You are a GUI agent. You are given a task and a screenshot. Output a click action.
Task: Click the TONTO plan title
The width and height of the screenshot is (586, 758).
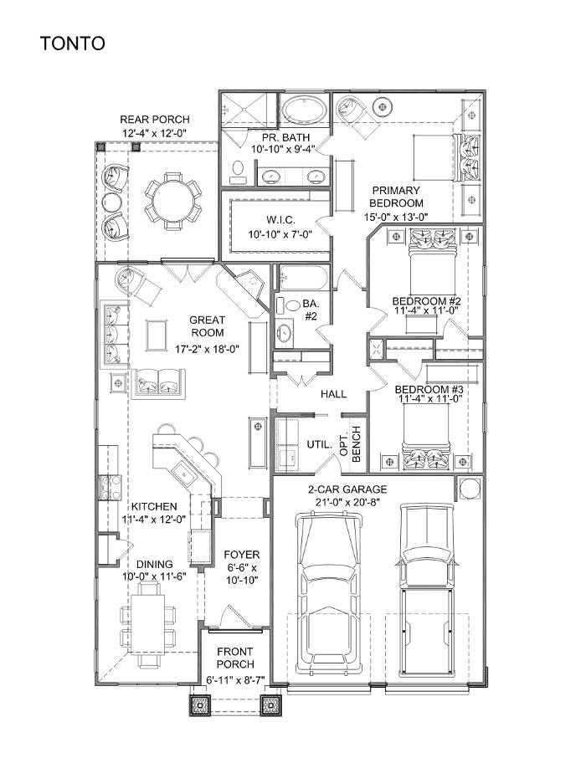tap(73, 44)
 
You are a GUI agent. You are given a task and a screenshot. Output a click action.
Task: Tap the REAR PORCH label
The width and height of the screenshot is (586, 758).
tap(155, 120)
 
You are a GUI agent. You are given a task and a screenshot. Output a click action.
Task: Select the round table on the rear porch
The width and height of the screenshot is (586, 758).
tap(172, 201)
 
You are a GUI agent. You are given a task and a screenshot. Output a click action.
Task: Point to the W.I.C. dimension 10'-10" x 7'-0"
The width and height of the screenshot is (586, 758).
tap(280, 235)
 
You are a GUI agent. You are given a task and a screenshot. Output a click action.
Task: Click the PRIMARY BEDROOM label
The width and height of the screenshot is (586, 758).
tap(398, 197)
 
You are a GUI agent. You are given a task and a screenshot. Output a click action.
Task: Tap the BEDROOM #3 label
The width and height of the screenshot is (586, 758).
tap(428, 390)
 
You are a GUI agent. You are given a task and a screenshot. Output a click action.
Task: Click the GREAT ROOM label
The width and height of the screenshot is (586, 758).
tap(206, 326)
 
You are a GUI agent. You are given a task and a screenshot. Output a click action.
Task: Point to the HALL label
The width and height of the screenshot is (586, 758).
tap(333, 394)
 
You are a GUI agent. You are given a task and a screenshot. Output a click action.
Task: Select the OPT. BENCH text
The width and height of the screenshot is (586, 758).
tap(349, 442)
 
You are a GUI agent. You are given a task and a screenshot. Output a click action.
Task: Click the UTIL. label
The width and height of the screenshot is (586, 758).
tap(320, 444)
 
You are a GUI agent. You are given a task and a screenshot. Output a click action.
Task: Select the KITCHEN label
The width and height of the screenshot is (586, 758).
tap(153, 507)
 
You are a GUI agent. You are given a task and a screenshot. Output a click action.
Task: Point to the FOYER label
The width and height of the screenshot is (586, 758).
tap(241, 555)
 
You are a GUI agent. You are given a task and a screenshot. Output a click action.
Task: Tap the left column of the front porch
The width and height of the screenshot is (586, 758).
tap(201, 705)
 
